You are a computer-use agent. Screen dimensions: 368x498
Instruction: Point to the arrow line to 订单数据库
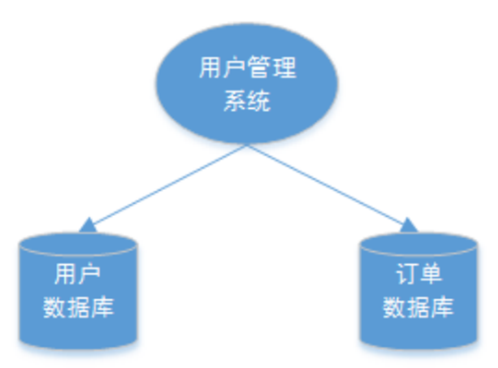click(328, 185)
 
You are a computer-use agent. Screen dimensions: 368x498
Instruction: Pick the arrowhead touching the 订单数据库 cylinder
click(408, 225)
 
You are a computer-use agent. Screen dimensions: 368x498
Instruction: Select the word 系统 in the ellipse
click(247, 102)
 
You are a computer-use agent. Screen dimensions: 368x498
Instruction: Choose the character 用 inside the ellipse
click(209, 67)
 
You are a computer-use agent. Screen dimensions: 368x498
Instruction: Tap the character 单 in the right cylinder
click(430, 275)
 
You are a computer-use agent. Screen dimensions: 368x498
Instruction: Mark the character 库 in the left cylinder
click(103, 310)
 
